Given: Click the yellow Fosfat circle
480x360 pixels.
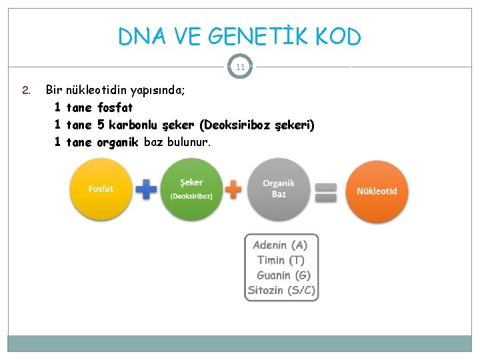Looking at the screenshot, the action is click(101, 189).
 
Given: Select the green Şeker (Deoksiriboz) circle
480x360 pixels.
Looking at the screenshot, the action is click(191, 189).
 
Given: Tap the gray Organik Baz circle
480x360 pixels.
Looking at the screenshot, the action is click(278, 189).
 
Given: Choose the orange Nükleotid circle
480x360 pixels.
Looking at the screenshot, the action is click(377, 191).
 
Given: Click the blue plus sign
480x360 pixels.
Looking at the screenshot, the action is click(146, 189).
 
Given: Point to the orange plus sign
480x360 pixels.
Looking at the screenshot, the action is click(233, 189).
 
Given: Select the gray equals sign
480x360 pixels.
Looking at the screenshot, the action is click(325, 192).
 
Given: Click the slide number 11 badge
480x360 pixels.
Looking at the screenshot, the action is click(240, 67).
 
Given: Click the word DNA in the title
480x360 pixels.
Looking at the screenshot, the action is click(139, 37).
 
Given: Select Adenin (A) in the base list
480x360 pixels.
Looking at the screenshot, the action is click(280, 245).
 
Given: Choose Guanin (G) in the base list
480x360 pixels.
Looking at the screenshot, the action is click(283, 275).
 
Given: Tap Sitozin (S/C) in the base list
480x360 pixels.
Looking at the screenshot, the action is click(281, 291).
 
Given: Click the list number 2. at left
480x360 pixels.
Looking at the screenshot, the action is click(26, 89).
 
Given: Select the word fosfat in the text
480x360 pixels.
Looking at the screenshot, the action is click(115, 107).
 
